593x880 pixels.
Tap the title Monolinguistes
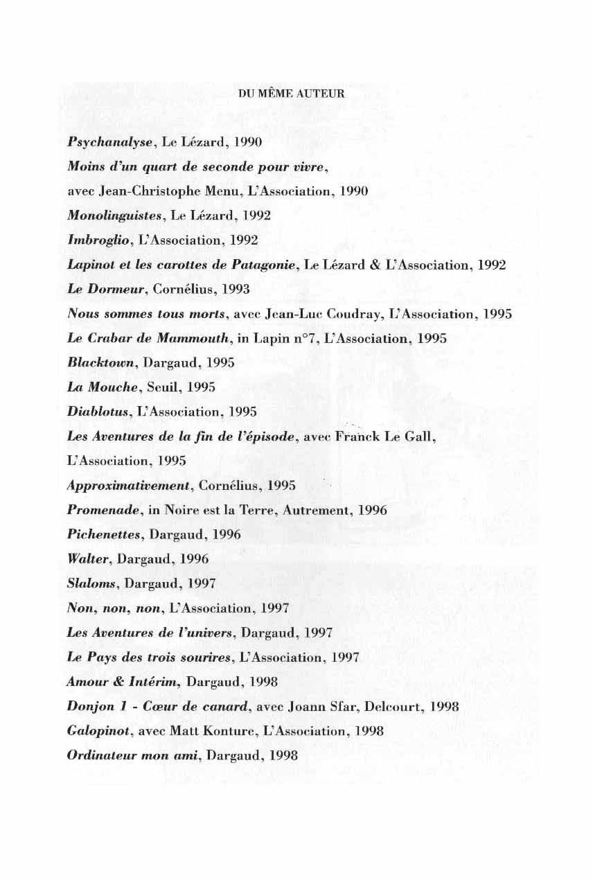(114, 215)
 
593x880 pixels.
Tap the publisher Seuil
(162, 387)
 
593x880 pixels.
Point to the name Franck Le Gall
(384, 437)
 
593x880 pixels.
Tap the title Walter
(85, 558)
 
